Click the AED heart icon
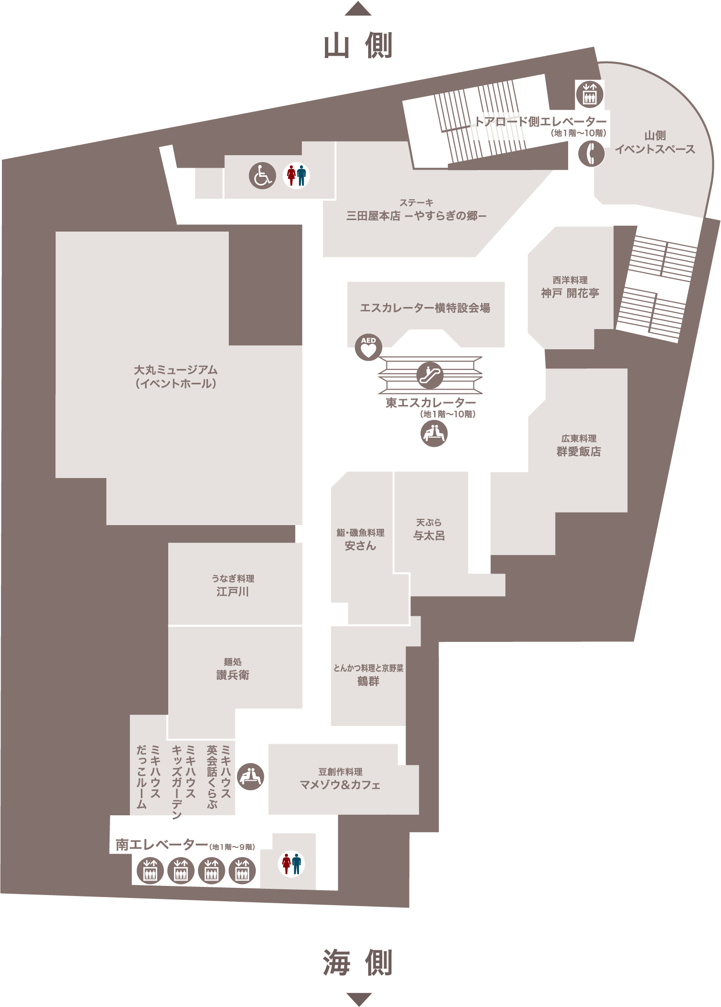368,347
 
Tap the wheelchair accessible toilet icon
262,175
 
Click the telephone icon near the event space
591,154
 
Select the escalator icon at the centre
430,375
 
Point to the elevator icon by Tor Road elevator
589,94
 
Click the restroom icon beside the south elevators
291,864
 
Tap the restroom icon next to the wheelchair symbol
296,175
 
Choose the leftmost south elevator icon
150,871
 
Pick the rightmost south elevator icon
242,871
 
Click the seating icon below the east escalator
434,433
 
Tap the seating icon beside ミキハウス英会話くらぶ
250,776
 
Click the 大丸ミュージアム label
175,370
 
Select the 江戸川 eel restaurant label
233,591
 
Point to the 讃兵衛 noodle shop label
233,675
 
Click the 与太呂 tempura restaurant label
429,535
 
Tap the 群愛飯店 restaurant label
579,452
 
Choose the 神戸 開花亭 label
570,293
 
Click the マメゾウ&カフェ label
340,785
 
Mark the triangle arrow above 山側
358,9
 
